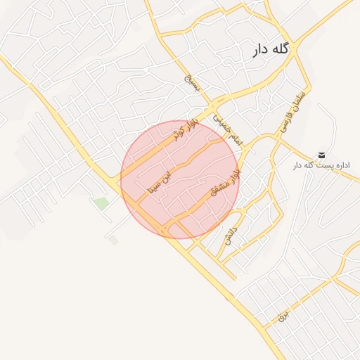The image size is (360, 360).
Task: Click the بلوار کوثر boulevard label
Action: (186, 129)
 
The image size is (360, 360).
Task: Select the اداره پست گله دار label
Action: (321, 165)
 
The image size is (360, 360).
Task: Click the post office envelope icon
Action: (321, 155)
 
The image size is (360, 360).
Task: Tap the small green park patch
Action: (101, 203)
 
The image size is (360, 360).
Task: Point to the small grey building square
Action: (113, 240)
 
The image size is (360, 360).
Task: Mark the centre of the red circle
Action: (179, 179)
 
